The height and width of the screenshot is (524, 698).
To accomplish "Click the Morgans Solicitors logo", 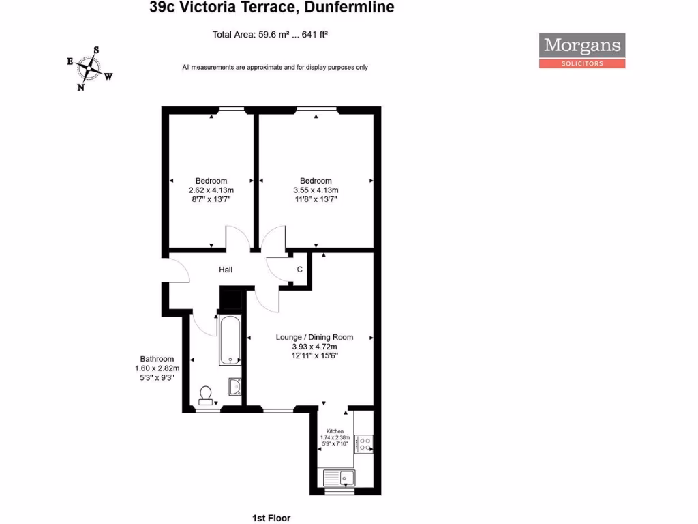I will [x=582, y=50].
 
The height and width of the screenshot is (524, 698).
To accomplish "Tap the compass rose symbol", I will [x=89, y=68].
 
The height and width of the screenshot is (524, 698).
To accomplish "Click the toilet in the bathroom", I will [x=205, y=395].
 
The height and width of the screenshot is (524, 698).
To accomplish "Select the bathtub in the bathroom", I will [x=230, y=339].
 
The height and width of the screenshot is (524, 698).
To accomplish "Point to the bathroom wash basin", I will [x=234, y=386].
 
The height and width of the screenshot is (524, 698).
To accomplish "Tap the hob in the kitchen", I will [x=364, y=443].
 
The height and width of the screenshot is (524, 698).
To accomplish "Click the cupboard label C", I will [x=299, y=270].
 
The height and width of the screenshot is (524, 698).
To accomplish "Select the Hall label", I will [x=226, y=270].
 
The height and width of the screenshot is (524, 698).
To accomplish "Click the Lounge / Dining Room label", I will [x=314, y=337].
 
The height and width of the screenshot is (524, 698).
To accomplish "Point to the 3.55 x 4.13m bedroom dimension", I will [x=316, y=190].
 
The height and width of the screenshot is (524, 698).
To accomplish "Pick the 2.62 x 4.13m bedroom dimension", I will [x=211, y=190].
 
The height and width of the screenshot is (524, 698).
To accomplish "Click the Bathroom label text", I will [x=157, y=359].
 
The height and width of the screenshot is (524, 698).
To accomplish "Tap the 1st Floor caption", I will [x=271, y=518].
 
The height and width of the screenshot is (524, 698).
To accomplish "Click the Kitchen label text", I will [x=335, y=431].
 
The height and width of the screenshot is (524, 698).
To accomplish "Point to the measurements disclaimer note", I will [x=275, y=67].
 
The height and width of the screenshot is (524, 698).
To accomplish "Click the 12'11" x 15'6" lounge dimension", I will [x=314, y=355].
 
